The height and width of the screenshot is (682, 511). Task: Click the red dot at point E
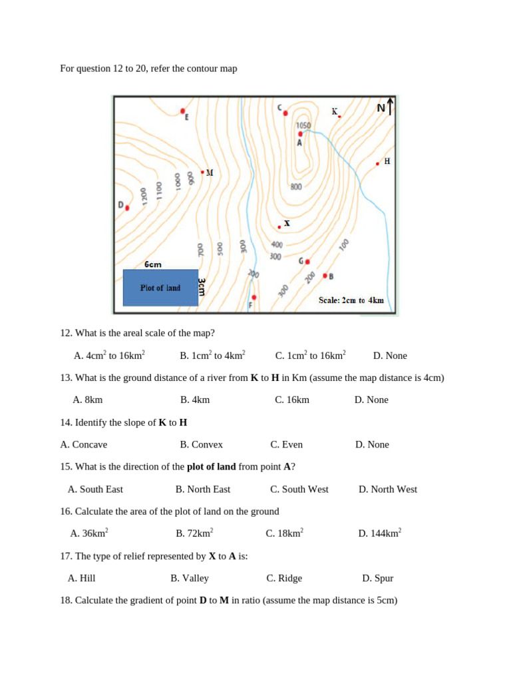coord(183,111)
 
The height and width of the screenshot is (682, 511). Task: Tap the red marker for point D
coord(127,208)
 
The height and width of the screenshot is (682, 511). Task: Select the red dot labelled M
coord(202,172)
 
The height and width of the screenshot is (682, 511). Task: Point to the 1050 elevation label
coord(303,125)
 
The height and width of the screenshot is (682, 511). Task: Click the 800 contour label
coord(296,186)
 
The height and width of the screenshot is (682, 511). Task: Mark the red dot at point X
coord(279,227)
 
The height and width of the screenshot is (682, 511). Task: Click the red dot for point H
coord(377,163)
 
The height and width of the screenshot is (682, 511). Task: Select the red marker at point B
coord(325,275)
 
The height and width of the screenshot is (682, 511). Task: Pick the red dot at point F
coord(254,297)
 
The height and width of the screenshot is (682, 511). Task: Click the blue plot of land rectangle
coord(160,288)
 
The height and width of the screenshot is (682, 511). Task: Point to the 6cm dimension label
coord(153,264)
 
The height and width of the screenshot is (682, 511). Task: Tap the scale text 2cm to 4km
coord(351,300)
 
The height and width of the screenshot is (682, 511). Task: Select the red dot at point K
coord(339,117)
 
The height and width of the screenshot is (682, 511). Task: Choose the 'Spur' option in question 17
coord(377,578)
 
